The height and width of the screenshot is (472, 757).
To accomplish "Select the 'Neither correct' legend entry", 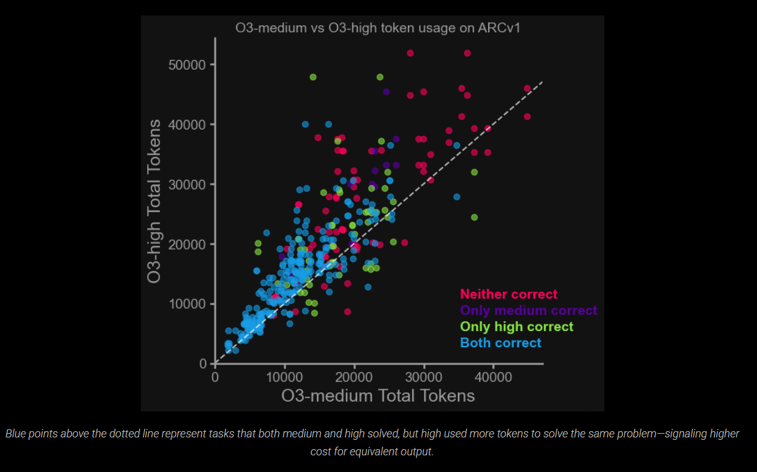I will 509,295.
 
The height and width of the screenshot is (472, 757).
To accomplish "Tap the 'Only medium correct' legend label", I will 528,311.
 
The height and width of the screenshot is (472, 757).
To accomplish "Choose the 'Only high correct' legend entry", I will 517,327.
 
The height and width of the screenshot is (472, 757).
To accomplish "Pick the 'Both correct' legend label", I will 501,343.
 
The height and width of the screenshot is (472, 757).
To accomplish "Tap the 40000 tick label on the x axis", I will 493,376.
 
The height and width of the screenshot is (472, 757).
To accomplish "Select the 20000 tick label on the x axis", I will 354,376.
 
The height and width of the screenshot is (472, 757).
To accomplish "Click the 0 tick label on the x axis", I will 215,376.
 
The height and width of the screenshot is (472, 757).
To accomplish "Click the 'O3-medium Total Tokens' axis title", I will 378,395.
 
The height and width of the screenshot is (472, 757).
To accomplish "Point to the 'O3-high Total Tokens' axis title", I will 154,201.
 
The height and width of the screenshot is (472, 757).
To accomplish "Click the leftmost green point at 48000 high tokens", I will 313,77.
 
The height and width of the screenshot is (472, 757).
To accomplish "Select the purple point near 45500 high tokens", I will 386,91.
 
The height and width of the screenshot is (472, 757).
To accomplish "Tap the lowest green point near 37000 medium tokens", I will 474,217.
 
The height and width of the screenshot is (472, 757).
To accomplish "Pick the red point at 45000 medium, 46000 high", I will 527,88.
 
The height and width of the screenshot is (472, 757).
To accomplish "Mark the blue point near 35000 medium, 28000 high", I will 457,197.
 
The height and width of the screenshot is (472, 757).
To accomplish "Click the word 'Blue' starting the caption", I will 17,434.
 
